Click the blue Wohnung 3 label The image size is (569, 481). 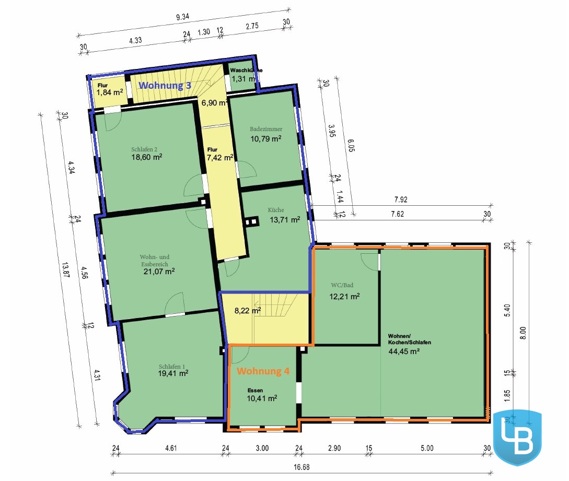click(165, 86)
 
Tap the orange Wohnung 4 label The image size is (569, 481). click(263, 371)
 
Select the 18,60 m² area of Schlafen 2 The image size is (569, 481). click(147, 157)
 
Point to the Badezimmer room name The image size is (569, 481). click(266, 129)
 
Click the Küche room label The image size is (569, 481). click(276, 209)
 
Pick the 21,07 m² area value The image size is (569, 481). click(159, 272)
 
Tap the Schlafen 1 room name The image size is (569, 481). click(172, 367)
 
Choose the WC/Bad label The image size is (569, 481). click(342, 285)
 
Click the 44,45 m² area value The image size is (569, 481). click(404, 351)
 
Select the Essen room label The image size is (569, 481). click(255, 390)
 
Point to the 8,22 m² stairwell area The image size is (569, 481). click(248, 311)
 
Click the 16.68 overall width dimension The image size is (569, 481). click(301, 467)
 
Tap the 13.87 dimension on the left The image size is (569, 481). click(65, 270)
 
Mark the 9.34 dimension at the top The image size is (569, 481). click(182, 17)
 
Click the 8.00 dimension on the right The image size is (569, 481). click(523, 333)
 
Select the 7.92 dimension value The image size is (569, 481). click(401, 200)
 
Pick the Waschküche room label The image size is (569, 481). click(246, 70)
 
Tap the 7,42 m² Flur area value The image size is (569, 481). click(220, 157)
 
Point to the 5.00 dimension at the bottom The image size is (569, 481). click(427, 448)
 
